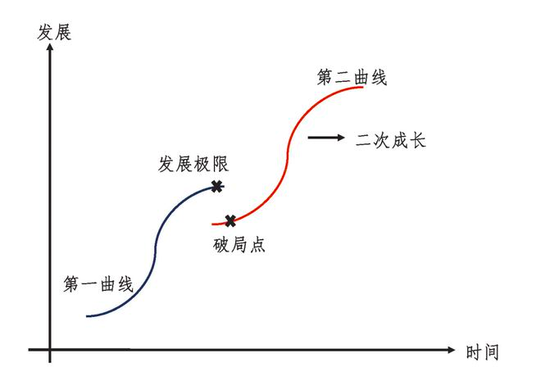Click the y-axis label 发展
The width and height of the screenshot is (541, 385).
tap(55, 34)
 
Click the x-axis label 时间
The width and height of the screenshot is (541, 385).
tap(482, 352)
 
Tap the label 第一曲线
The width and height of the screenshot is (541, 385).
tap(98, 285)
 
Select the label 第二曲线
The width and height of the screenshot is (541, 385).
tap(352, 78)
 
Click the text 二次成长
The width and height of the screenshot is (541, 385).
tap(391, 140)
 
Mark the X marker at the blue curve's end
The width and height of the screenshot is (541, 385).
tap(217, 187)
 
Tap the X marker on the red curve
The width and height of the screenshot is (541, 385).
tap(230, 220)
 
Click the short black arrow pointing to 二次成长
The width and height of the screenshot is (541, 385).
tap(326, 138)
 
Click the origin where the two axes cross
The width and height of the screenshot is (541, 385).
tap(50, 351)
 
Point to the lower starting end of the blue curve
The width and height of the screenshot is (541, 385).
tap(87, 315)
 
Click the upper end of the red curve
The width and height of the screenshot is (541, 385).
tap(362, 86)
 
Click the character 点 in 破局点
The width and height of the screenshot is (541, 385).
tap(257, 245)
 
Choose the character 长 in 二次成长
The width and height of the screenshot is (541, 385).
tap(417, 140)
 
